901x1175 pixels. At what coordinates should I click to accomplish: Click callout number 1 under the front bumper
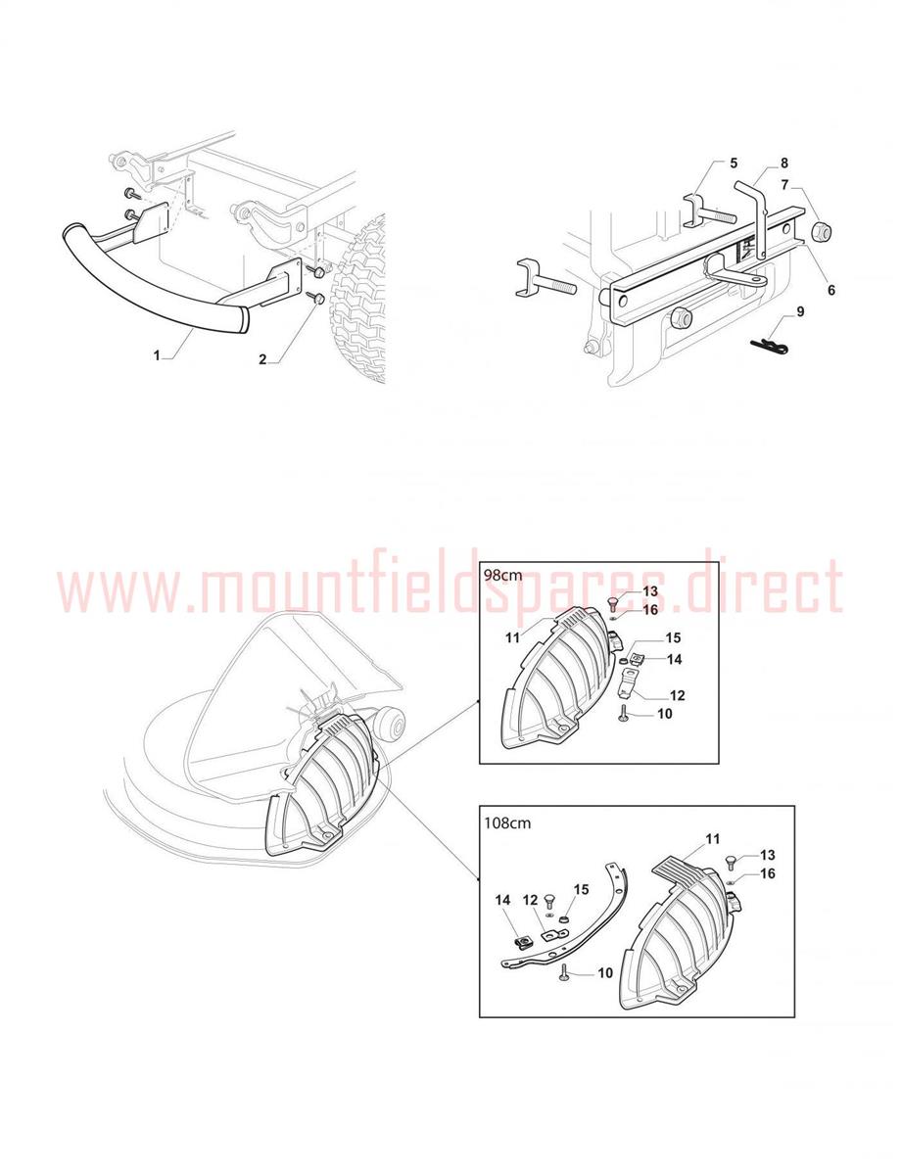[157, 355]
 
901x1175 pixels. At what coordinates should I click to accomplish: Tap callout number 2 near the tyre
[262, 359]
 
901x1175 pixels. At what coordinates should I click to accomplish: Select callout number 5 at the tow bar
[734, 163]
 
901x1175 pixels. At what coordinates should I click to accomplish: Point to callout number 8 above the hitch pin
[784, 163]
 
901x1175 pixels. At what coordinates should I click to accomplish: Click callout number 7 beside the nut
[784, 185]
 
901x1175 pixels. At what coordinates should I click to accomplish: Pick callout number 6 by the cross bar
[831, 290]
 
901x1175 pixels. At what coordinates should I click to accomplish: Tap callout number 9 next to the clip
[800, 311]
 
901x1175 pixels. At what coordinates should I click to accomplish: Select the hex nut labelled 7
[821, 233]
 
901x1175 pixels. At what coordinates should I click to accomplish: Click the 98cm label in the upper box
[503, 575]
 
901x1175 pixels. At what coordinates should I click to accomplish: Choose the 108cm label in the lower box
[507, 822]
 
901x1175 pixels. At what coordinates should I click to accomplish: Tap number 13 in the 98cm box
[650, 591]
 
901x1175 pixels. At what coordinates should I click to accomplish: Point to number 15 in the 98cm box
[673, 638]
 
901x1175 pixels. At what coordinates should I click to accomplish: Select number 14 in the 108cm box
[503, 900]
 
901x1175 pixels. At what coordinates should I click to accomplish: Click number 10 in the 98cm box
[664, 714]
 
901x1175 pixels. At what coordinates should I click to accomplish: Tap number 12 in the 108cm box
[531, 900]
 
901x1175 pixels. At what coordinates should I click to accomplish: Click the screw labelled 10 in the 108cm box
[564, 971]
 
